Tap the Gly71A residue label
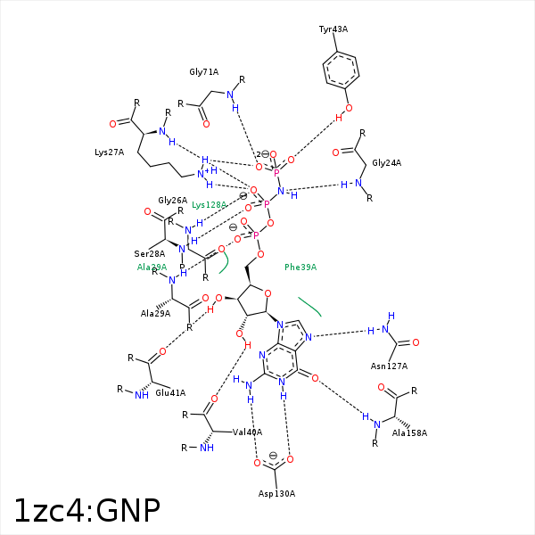(203, 71)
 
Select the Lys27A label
(109, 152)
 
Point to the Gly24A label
(386, 163)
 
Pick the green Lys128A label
(210, 205)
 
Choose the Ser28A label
(149, 254)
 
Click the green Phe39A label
(300, 267)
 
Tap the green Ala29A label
(152, 267)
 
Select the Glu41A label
(170, 392)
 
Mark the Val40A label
(247, 432)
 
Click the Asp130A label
(276, 493)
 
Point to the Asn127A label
(389, 366)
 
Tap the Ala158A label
(410, 432)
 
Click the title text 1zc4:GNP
(86, 510)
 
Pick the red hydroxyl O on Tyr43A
(349, 109)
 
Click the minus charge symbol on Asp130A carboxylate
(274, 456)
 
